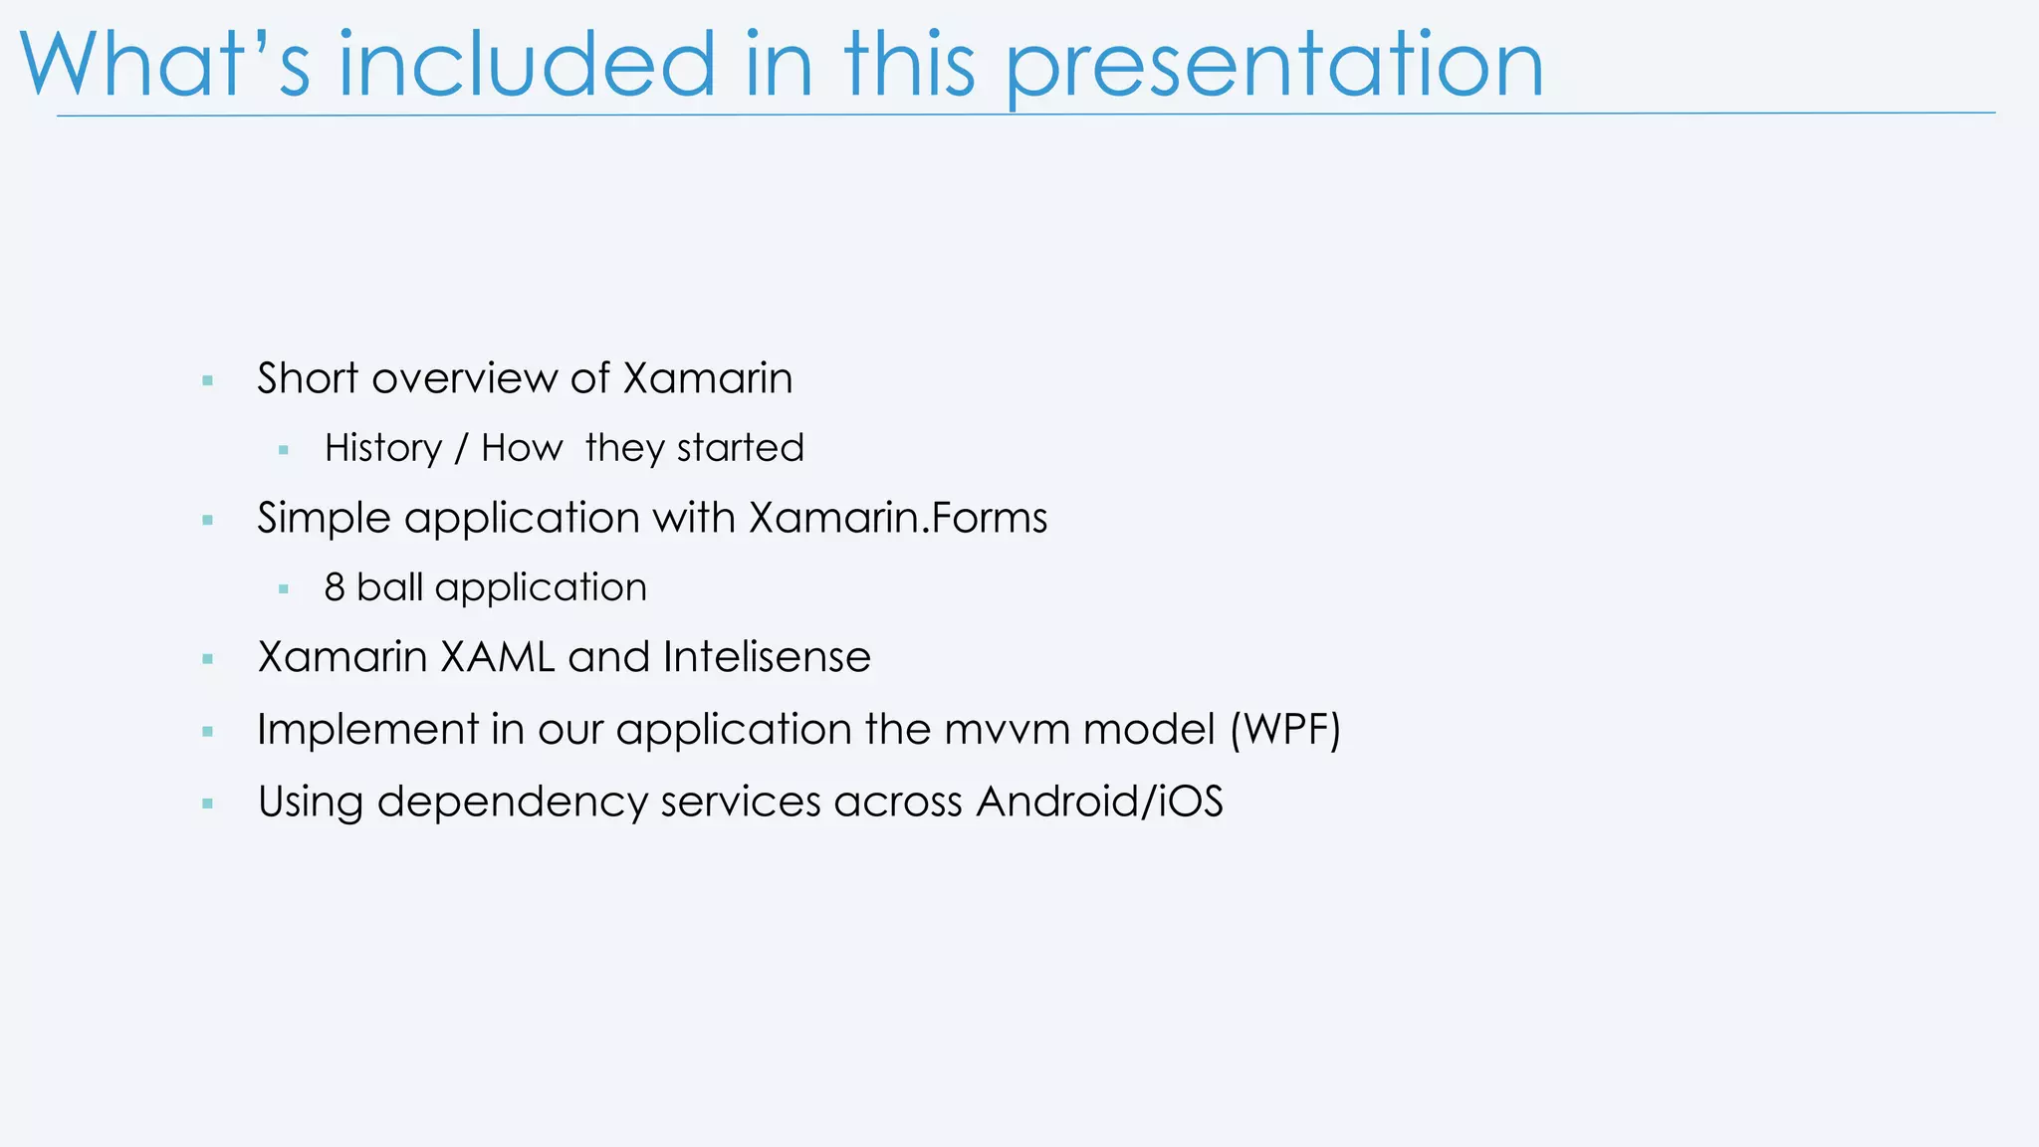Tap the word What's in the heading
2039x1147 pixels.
(x=164, y=66)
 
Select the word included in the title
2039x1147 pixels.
(x=527, y=66)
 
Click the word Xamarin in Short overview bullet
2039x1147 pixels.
(x=708, y=378)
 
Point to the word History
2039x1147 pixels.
(x=383, y=448)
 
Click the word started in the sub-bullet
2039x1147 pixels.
(x=740, y=448)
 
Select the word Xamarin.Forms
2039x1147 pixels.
(x=898, y=518)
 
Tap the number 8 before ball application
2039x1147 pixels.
(x=335, y=587)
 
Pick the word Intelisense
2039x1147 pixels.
(x=767, y=657)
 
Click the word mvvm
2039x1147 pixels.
(x=1007, y=730)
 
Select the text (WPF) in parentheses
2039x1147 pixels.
(x=1285, y=730)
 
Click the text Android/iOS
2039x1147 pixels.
(x=1099, y=802)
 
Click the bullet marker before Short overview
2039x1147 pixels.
(x=207, y=380)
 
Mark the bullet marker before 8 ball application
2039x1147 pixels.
(x=284, y=589)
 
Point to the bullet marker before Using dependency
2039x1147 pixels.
(x=207, y=803)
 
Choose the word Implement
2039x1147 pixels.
(x=367, y=730)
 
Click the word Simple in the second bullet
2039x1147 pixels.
(x=323, y=519)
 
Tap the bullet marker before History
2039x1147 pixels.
(x=284, y=450)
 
